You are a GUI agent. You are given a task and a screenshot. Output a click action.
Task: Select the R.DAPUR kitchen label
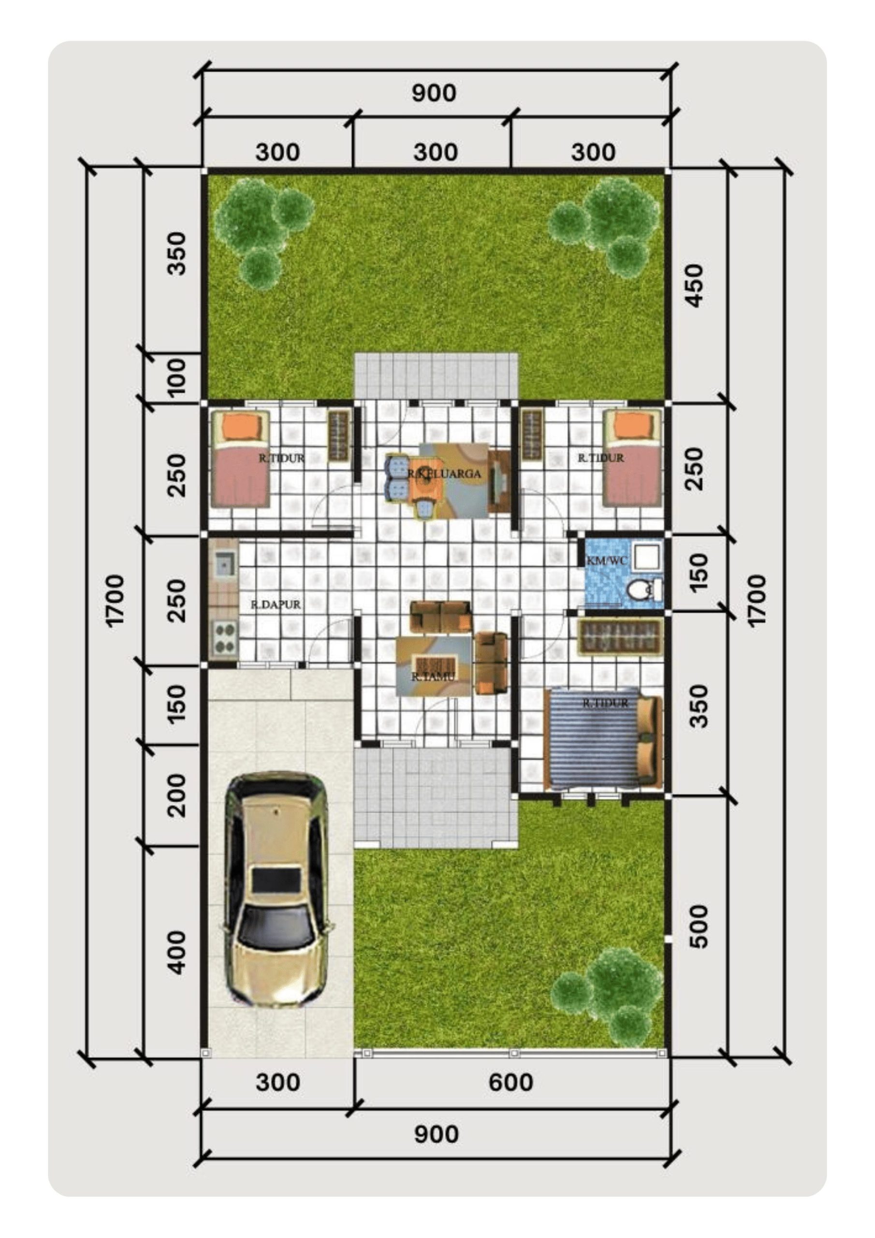[276, 604]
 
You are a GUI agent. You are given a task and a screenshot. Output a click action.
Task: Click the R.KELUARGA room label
[444, 474]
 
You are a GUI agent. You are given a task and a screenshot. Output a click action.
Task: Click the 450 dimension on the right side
[695, 286]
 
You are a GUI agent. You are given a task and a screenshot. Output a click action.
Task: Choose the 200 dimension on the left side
[176, 796]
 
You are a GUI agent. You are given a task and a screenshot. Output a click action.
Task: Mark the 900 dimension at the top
[434, 93]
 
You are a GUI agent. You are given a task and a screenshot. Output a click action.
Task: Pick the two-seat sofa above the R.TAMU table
[440, 618]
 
